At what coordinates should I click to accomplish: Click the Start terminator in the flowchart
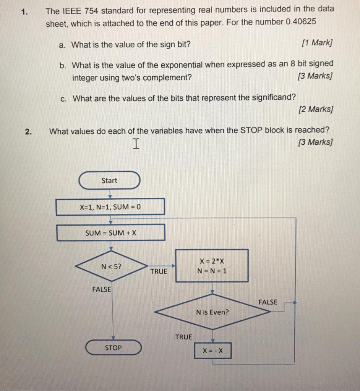pyautogui.click(x=110, y=181)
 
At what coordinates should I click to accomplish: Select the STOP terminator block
pyautogui.click(x=113, y=348)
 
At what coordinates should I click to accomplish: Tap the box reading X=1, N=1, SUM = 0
pyautogui.click(x=110, y=207)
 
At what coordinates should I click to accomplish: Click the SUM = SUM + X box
pyautogui.click(x=111, y=233)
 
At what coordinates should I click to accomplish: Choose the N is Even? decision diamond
pyautogui.click(x=212, y=312)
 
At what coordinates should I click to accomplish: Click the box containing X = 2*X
pyautogui.click(x=212, y=266)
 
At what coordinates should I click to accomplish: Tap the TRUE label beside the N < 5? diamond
pyautogui.click(x=159, y=271)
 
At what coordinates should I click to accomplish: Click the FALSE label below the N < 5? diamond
pyautogui.click(x=101, y=289)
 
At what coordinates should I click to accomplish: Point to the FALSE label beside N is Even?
pyautogui.click(x=268, y=302)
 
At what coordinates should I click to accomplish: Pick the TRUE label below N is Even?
pyautogui.click(x=184, y=337)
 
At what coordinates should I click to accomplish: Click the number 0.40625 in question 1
pyautogui.click(x=301, y=21)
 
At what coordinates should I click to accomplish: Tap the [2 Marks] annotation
pyautogui.click(x=315, y=110)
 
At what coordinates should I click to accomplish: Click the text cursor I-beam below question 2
pyautogui.click(x=136, y=144)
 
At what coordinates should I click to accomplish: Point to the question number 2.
pyautogui.click(x=28, y=132)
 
